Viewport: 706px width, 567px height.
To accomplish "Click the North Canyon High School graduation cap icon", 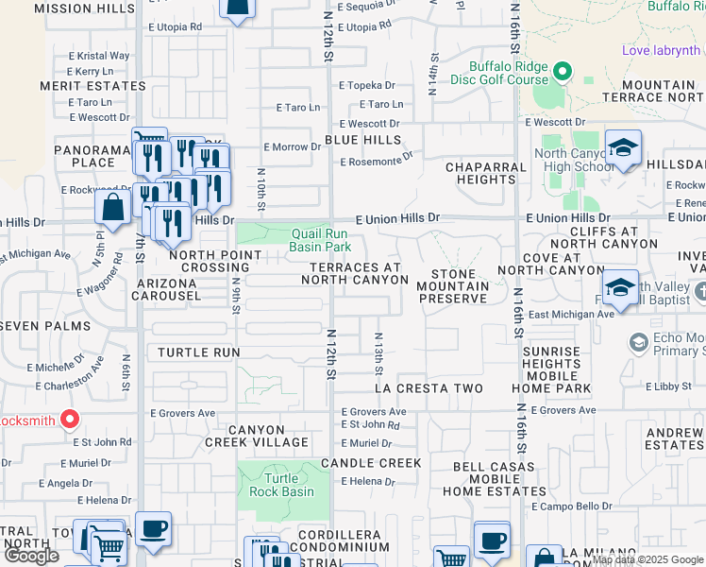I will tap(623, 148).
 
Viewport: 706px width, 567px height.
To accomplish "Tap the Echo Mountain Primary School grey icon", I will tap(639, 340).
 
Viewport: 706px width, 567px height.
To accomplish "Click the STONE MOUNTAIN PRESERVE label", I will tap(453, 285).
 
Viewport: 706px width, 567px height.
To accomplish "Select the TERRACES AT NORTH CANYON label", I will tap(357, 273).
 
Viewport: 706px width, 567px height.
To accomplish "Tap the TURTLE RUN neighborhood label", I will tap(199, 352).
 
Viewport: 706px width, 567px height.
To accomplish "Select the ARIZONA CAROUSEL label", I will tap(169, 289).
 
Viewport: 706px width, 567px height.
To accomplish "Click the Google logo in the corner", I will tap(31, 556).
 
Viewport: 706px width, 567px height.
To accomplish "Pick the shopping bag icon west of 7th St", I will tap(113, 209).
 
